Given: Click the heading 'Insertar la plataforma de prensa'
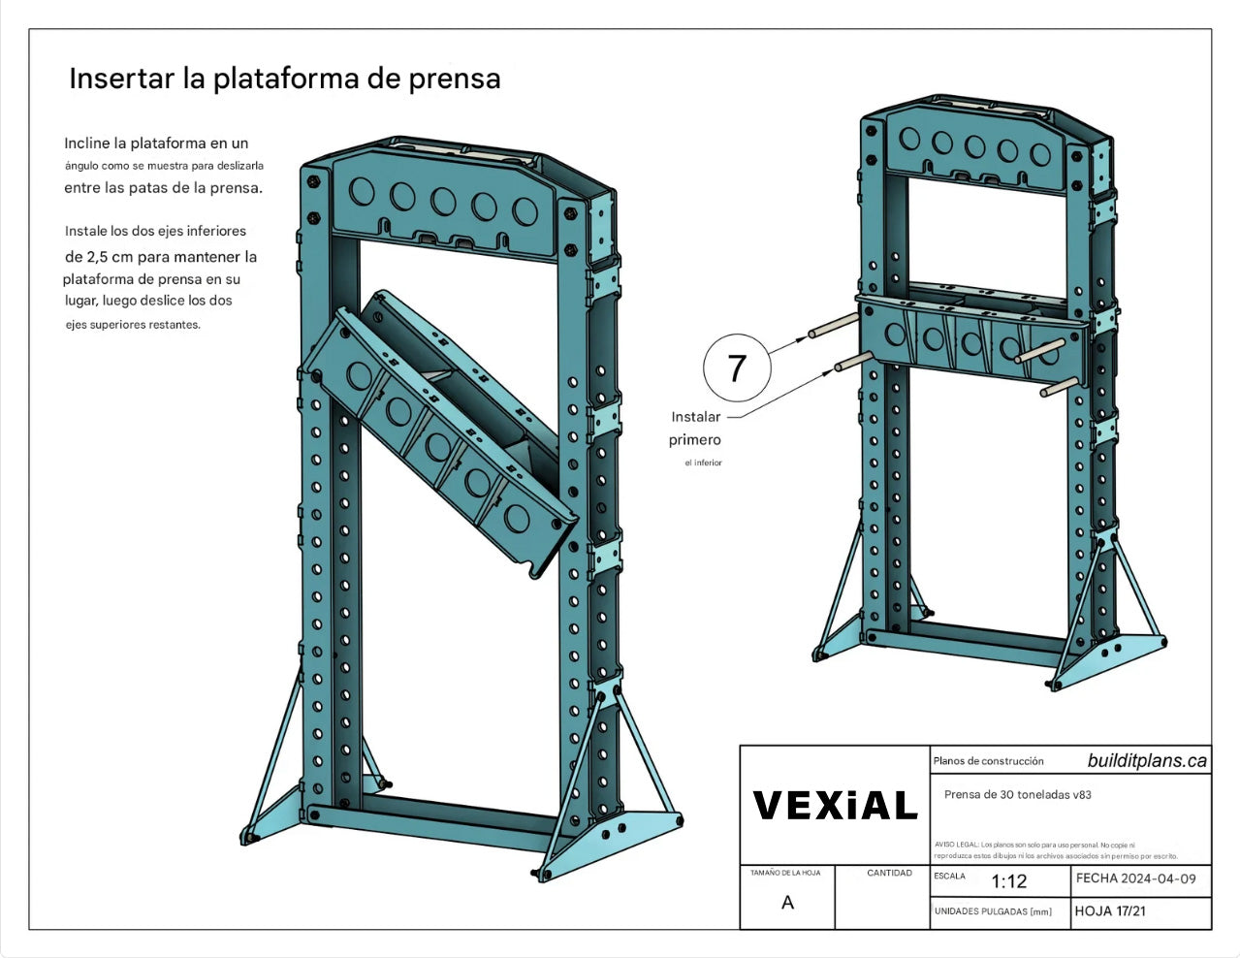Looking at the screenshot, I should coord(284,79).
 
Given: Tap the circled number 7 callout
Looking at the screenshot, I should coord(737,367).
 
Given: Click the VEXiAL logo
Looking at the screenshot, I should coord(835,806).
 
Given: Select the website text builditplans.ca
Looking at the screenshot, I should coord(1147,761).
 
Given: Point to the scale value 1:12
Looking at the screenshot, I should coord(1008,881).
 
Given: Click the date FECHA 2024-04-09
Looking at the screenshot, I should coord(1135,878).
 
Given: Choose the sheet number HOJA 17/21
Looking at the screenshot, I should coord(1110,911).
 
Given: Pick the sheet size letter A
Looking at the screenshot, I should coord(787,903).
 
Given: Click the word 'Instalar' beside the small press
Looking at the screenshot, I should coord(695,417).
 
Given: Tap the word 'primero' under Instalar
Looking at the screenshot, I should coord(694,440).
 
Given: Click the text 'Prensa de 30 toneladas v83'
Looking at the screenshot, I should coord(1017,794).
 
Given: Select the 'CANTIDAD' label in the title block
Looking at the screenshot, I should coord(889,873).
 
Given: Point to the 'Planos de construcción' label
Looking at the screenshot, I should coord(988,761).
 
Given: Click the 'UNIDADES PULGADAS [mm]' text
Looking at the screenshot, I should coord(993,911).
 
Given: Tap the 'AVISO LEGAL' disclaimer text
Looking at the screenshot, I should coord(1055,850).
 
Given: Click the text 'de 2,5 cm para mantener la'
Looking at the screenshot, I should coord(161,257).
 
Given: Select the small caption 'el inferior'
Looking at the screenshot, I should coord(703,463).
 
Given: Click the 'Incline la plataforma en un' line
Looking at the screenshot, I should coord(156,144).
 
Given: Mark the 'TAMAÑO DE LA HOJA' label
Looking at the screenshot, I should coord(785,873).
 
